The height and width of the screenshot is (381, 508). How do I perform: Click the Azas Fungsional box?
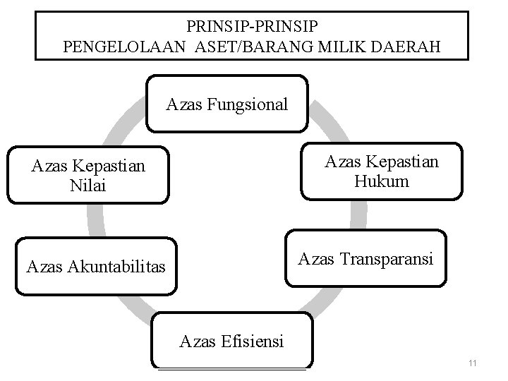pyautogui.click(x=227, y=104)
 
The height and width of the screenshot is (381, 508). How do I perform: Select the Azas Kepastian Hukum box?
pyautogui.click(x=382, y=171)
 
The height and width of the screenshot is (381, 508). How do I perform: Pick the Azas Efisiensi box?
pyautogui.click(x=231, y=341)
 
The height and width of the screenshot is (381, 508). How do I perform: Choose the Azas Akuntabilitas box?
pyautogui.click(x=97, y=267)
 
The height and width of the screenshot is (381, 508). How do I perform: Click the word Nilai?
pyautogui.click(x=89, y=186)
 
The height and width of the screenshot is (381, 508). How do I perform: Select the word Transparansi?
pyautogui.click(x=391, y=259)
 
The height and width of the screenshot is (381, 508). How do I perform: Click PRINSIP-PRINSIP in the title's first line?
pyautogui.click(x=252, y=27)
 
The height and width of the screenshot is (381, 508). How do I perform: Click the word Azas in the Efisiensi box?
pyautogui.click(x=195, y=342)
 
